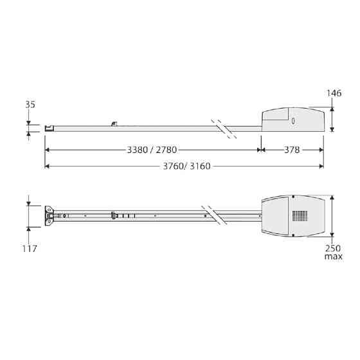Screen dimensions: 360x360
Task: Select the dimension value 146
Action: [334, 93]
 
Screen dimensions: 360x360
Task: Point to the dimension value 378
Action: [292, 150]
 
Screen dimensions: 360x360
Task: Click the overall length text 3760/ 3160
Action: [181, 166]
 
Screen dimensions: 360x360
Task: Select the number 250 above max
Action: [333, 248]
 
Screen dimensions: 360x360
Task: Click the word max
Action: [333, 256]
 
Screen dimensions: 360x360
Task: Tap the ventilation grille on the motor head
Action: [300, 216]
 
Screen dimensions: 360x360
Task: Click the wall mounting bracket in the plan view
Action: [49, 216]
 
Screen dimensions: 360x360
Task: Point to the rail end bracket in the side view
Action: [48, 128]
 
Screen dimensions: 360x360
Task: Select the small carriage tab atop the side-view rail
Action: [114, 123]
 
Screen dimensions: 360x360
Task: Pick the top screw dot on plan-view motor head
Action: [292, 197]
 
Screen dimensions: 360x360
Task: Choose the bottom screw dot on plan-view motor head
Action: [292, 235]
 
